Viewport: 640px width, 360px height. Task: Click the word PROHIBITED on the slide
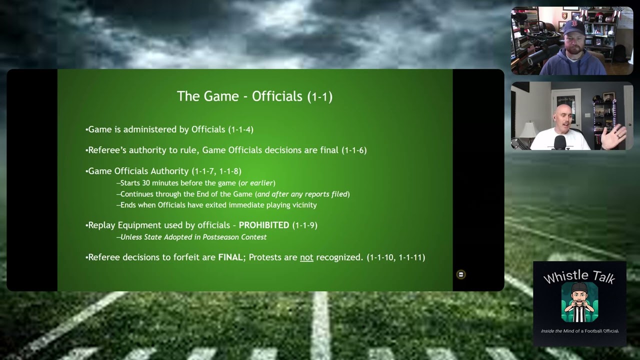point(264,225)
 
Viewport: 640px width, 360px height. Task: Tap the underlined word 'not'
point(306,257)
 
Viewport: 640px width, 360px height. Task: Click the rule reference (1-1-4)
point(240,129)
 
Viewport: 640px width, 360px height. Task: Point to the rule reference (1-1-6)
point(354,150)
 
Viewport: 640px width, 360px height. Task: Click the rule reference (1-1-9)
point(305,225)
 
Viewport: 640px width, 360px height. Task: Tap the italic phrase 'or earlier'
point(257,183)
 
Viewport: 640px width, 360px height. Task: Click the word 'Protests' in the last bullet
point(273,257)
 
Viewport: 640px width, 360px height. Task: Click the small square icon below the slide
point(461,274)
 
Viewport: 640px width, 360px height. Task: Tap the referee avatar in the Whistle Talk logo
point(579,302)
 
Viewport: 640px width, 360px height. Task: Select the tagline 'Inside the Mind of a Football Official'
point(579,331)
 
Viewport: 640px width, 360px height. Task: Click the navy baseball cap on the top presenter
point(573,26)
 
